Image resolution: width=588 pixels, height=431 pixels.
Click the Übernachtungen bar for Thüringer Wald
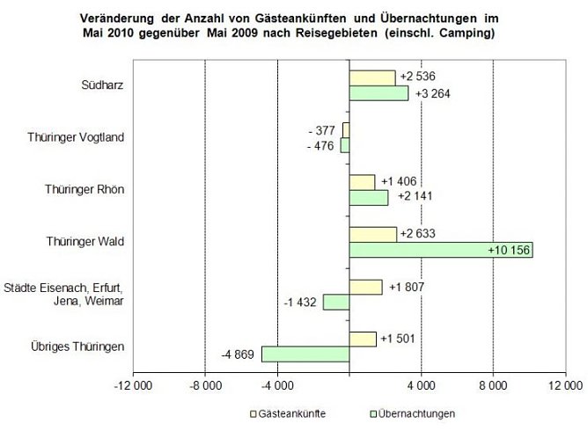(440, 250)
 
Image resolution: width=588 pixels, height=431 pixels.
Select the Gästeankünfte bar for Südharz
(371, 77)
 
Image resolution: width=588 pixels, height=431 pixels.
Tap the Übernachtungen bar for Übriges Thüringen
(305, 354)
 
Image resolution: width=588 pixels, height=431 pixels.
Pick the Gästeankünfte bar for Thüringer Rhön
(362, 182)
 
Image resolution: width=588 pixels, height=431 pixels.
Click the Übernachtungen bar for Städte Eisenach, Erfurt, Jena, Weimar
(335, 302)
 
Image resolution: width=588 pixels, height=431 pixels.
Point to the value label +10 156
(508, 250)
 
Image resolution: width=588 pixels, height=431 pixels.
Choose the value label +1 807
(408, 286)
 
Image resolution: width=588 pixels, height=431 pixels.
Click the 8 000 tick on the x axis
(493, 384)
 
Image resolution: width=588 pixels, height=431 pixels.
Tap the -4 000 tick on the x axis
(277, 384)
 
